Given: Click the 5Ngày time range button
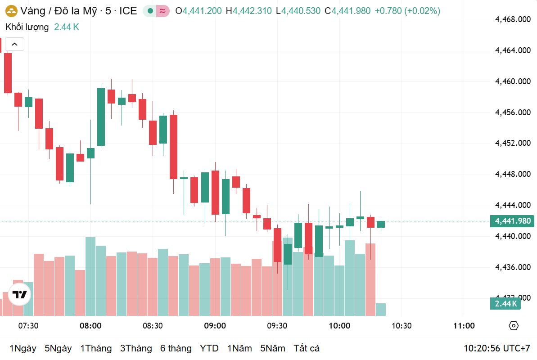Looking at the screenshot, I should click(x=58, y=348).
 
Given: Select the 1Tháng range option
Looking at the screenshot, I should click(x=96, y=348).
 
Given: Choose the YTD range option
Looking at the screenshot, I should click(x=209, y=348).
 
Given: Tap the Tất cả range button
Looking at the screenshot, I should click(x=307, y=348).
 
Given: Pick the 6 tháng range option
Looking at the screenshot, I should click(x=176, y=348).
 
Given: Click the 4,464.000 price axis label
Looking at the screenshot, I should click(x=512, y=50).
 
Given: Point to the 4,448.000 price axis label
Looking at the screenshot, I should click(x=512, y=174).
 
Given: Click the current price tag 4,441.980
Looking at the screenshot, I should click(x=512, y=221).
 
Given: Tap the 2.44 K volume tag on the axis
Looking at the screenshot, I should click(x=506, y=304).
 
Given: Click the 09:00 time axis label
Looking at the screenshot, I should click(x=215, y=326).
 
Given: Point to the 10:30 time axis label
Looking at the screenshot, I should click(x=402, y=326).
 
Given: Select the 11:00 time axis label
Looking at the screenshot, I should click(x=464, y=326).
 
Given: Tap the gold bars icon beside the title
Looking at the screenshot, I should click(x=11, y=11).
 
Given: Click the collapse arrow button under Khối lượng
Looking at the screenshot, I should click(x=14, y=44).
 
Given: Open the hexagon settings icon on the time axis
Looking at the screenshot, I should click(x=514, y=326).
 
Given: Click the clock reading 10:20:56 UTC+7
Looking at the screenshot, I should click(x=497, y=348).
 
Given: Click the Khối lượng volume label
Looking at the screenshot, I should click(x=27, y=27).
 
